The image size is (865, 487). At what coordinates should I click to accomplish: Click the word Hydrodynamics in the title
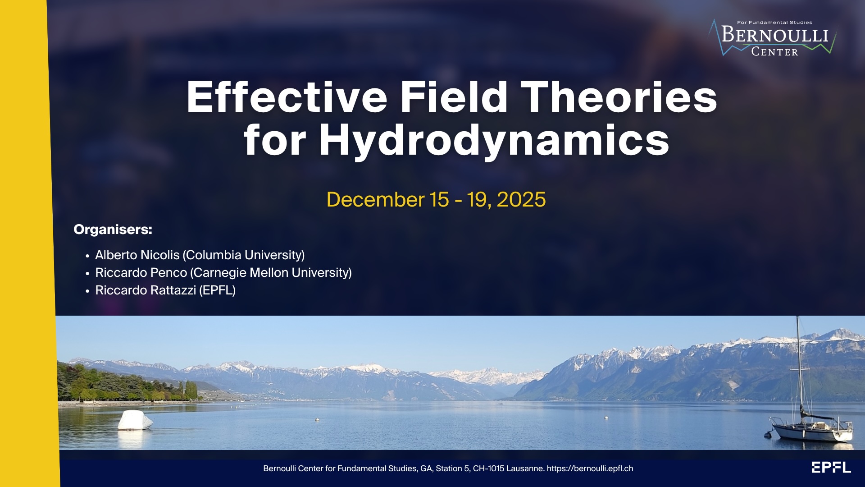pos(494,140)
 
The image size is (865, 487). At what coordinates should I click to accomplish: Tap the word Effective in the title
pos(287,97)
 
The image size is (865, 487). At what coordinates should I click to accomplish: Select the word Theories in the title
pos(621,97)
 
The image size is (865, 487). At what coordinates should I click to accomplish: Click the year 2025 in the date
pos(521,199)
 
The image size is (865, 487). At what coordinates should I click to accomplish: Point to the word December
pos(375,199)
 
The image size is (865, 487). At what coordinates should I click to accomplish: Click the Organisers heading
pos(113,230)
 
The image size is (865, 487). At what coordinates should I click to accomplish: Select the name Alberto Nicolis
pos(137,255)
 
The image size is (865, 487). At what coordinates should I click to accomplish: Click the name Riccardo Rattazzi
pos(146,290)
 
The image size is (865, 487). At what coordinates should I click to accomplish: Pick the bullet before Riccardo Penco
pos(87,274)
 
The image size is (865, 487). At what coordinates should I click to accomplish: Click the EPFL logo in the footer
pos(831,467)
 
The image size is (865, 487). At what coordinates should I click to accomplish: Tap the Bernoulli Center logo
pos(773,38)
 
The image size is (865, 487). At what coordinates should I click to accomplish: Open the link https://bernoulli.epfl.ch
pos(590,469)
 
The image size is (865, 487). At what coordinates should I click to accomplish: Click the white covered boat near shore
pos(135,420)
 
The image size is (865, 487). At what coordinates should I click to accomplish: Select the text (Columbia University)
pos(244,255)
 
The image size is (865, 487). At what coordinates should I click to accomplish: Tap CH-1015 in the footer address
pos(488,469)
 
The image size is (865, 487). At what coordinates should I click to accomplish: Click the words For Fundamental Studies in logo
pos(774,22)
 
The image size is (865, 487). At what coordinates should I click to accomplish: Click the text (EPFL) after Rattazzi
pos(218,290)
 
